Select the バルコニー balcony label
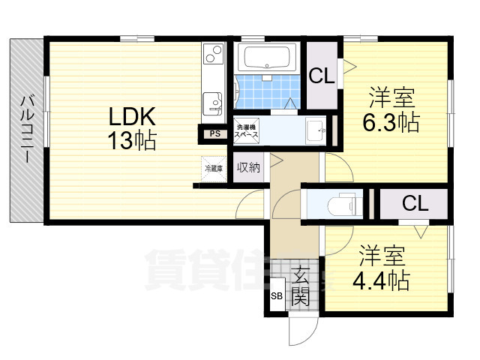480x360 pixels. tap(27, 128)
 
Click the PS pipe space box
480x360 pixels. tap(215, 134)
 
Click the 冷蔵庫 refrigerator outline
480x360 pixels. tap(214, 168)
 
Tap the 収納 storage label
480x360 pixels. tap(248, 167)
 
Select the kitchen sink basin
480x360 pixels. tap(213, 101)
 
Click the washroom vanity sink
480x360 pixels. tap(317, 130)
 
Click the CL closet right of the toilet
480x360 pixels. tap(415, 203)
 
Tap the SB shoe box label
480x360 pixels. tap(276, 296)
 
